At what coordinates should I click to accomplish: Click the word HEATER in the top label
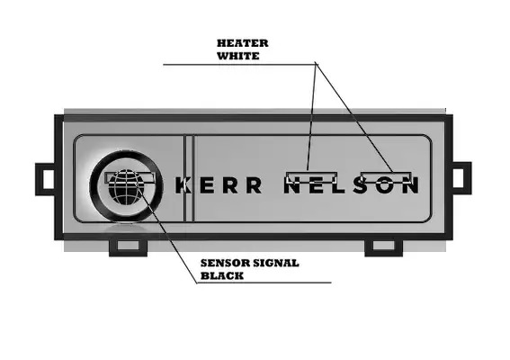243,43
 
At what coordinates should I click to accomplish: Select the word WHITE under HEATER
238,56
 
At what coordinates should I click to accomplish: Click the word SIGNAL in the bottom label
276,263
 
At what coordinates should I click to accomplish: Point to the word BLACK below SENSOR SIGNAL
222,275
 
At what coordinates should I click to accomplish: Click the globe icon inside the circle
126,187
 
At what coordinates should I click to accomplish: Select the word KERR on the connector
219,186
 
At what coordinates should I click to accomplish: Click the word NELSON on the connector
352,186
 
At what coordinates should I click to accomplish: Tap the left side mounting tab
45,179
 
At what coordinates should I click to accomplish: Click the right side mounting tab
462,178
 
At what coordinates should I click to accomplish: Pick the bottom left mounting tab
128,247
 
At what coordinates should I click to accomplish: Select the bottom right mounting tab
384,247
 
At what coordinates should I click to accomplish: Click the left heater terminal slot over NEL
311,177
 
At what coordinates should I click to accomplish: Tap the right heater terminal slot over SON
387,177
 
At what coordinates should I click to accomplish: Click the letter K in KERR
183,186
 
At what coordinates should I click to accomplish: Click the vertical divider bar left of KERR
189,178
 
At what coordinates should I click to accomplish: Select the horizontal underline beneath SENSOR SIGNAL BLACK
264,283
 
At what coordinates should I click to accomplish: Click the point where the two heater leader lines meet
316,62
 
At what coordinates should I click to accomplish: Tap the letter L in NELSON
338,186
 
